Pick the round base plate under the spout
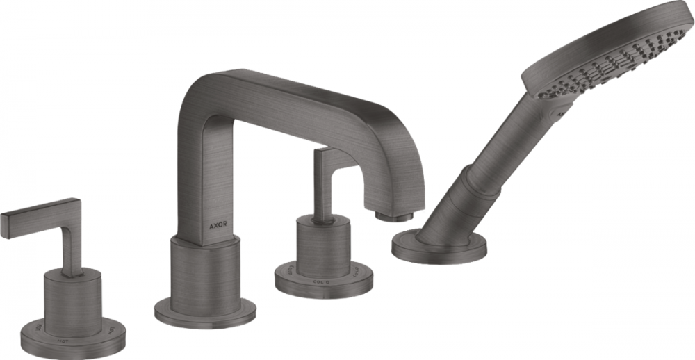[204, 312]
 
